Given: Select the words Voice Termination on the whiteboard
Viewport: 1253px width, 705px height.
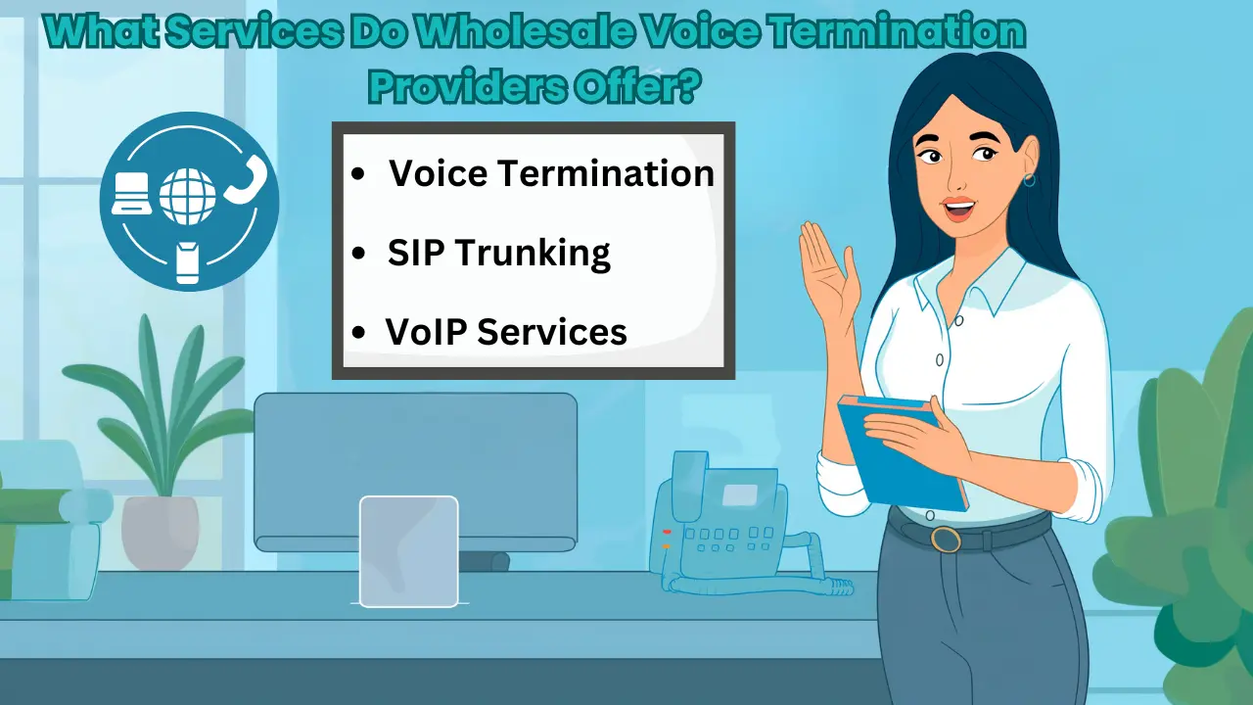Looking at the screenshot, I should point(552,173).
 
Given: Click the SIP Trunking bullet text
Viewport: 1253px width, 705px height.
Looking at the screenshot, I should point(499,253).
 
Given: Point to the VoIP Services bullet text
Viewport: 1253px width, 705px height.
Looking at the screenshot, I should point(506,331).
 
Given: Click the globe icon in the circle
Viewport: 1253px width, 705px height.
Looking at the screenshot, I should point(187,196).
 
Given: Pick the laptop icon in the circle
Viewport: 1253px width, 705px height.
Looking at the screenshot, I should point(130,193).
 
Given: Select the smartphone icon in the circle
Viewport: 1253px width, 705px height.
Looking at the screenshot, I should point(188,262).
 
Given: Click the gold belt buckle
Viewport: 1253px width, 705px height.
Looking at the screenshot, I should point(946,539).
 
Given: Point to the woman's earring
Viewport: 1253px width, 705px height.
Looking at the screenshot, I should point(1030,180).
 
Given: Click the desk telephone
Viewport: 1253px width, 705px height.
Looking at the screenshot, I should point(724,524).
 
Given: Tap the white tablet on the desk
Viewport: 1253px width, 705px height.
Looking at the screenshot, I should point(408,551).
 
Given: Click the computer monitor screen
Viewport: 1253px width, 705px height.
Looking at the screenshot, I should point(415,465).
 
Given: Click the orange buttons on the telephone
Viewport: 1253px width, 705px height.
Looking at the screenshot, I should point(667,539).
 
